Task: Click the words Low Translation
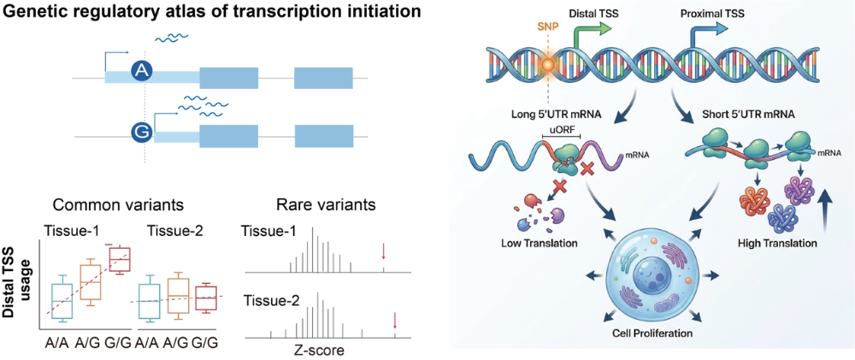[540, 242]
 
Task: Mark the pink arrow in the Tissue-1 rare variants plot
[383, 251]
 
